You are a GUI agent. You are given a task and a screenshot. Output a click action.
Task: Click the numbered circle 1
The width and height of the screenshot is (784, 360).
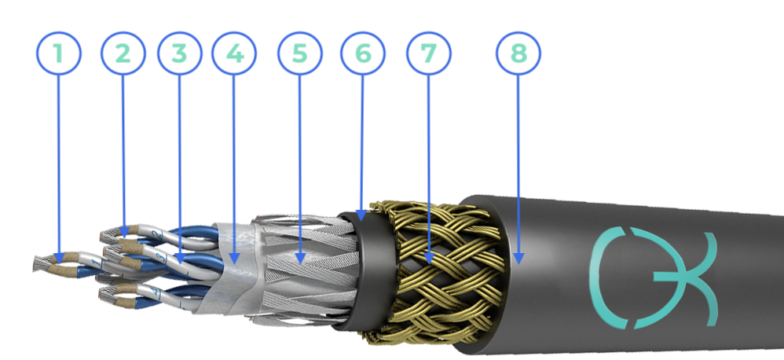coord(58,53)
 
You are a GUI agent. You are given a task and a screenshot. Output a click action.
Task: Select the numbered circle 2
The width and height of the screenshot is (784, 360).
coord(123,53)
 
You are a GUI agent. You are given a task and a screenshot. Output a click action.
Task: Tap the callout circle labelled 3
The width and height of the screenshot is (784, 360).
coord(179,53)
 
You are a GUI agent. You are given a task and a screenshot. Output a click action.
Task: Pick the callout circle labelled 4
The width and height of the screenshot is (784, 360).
coord(234,53)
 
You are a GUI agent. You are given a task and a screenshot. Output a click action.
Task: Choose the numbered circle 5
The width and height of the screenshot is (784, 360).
coord(299,53)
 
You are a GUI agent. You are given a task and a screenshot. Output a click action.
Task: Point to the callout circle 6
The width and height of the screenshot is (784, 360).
coord(362,53)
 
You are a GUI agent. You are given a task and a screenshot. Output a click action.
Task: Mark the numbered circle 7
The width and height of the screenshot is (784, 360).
coord(428,53)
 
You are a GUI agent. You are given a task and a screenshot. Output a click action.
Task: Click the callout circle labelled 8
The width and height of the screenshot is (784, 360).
coord(518,53)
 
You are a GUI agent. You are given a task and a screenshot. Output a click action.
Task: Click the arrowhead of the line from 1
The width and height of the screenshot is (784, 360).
coord(59,259)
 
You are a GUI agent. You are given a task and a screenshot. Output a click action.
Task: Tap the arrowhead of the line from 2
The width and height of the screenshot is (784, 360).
coord(124,230)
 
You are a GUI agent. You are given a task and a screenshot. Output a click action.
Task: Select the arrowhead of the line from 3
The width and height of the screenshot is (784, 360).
coord(180,259)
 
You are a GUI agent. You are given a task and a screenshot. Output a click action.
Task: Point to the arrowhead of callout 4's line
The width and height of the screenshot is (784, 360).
coord(234,259)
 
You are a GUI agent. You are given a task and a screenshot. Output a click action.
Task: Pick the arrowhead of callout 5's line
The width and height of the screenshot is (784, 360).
coord(300,259)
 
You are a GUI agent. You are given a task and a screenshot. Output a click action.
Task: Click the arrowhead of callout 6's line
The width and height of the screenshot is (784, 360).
coord(361,216)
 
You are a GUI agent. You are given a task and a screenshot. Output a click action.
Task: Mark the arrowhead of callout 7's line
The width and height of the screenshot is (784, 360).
coord(429,259)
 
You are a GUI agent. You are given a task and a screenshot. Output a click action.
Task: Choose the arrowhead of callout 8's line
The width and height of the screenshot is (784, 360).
coord(518,259)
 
